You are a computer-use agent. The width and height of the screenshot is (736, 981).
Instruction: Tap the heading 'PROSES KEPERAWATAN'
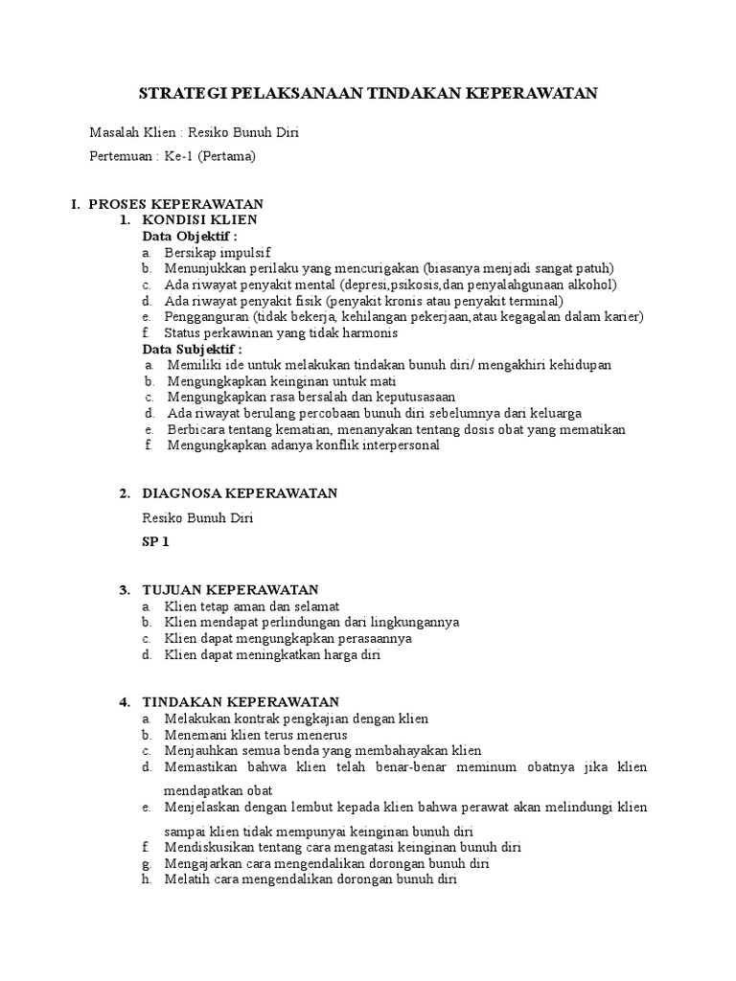(x=175, y=204)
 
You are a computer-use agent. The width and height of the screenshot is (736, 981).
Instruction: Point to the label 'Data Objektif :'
(x=189, y=236)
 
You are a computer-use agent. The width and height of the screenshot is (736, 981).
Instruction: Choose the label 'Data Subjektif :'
(x=192, y=350)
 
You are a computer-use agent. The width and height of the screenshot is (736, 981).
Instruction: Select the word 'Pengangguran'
(x=204, y=317)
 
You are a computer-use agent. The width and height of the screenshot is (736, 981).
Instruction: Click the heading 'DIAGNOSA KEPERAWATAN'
(x=240, y=493)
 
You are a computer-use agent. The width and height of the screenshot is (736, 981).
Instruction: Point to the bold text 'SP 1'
(x=154, y=542)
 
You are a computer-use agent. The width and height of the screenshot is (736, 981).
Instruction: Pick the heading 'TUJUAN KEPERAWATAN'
(x=230, y=589)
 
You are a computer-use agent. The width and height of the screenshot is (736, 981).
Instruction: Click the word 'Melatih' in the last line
(x=186, y=879)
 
